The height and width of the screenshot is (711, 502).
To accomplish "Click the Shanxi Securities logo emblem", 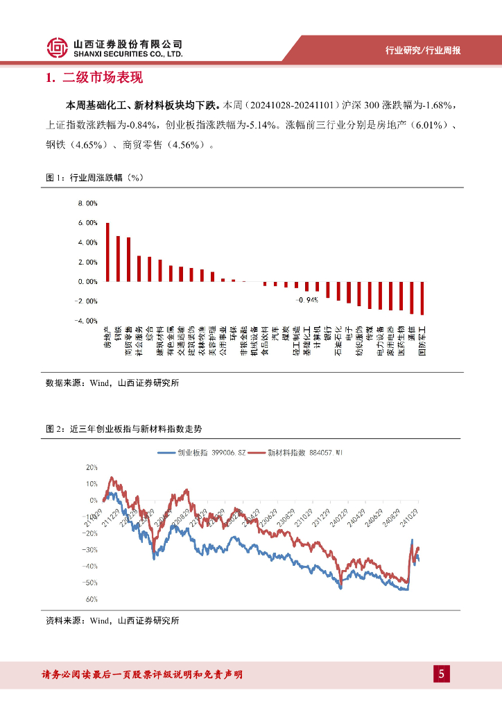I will click(x=58, y=48).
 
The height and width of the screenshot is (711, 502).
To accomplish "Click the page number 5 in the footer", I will click(x=442, y=674).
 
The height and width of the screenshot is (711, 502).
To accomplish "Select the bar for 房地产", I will click(x=107, y=252).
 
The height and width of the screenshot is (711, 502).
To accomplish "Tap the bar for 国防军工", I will click(x=422, y=299).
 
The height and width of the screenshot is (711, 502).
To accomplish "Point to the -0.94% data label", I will click(x=306, y=300).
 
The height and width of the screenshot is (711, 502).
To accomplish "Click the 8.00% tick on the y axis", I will click(x=89, y=203).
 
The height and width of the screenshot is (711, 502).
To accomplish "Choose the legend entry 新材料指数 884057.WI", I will click(x=299, y=453).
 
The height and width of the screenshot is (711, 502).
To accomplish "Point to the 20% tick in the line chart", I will click(x=92, y=467).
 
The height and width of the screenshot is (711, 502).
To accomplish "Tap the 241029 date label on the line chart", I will click(x=407, y=519).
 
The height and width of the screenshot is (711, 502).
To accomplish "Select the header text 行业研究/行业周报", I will click(x=423, y=51).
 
